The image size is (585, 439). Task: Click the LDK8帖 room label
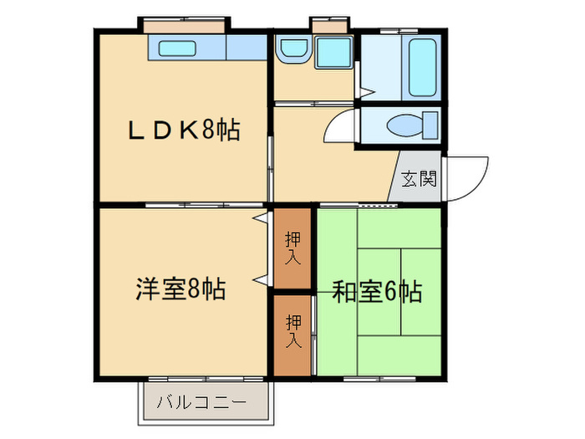183,130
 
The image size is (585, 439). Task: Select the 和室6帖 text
376,292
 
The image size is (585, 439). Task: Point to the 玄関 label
419,178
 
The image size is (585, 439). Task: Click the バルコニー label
201,402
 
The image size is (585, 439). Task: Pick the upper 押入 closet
292,248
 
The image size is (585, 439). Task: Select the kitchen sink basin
176,48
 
